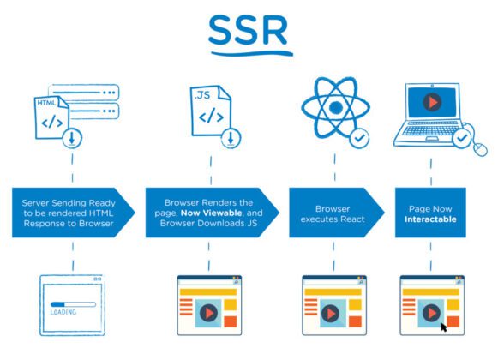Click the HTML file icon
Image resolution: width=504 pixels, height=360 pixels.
point(52,117)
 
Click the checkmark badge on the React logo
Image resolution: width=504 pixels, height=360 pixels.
point(361,135)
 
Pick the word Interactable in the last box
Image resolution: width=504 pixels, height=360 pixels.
point(431,219)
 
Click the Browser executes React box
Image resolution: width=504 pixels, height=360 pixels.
point(331,213)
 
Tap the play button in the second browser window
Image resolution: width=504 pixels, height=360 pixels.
point(207,313)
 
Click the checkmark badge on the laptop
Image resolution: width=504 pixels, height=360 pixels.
point(462,137)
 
